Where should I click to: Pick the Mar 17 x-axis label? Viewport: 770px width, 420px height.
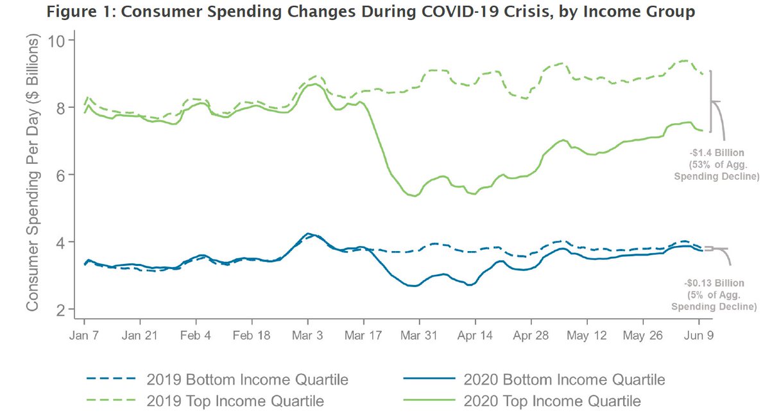tap(363, 335)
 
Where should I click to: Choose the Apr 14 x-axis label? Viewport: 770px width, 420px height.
tap(475, 335)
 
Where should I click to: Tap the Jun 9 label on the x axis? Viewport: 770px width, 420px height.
tap(698, 335)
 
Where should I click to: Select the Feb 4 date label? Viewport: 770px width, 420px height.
tap(196, 335)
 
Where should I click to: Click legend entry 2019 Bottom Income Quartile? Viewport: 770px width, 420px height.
tap(246, 380)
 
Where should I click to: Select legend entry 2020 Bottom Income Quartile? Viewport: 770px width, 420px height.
tap(563, 380)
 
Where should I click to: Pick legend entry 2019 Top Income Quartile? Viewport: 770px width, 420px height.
tap(235, 402)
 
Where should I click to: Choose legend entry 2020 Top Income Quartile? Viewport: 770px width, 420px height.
tap(552, 402)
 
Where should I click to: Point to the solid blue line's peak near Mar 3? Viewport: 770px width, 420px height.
tap(309, 234)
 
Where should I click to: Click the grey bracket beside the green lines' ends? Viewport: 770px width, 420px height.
tap(712, 101)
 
